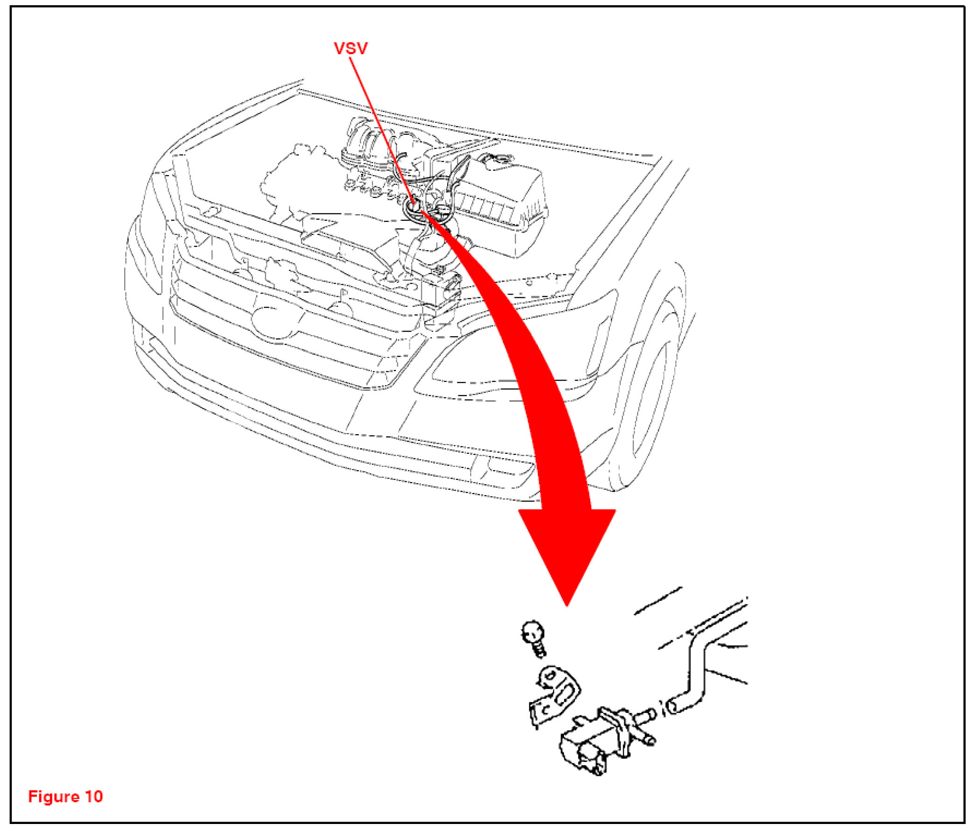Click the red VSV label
pos(350,49)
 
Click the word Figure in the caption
pos(53,796)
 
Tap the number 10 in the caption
pos(94,796)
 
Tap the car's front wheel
pos(653,399)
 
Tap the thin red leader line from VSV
pos(381,127)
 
